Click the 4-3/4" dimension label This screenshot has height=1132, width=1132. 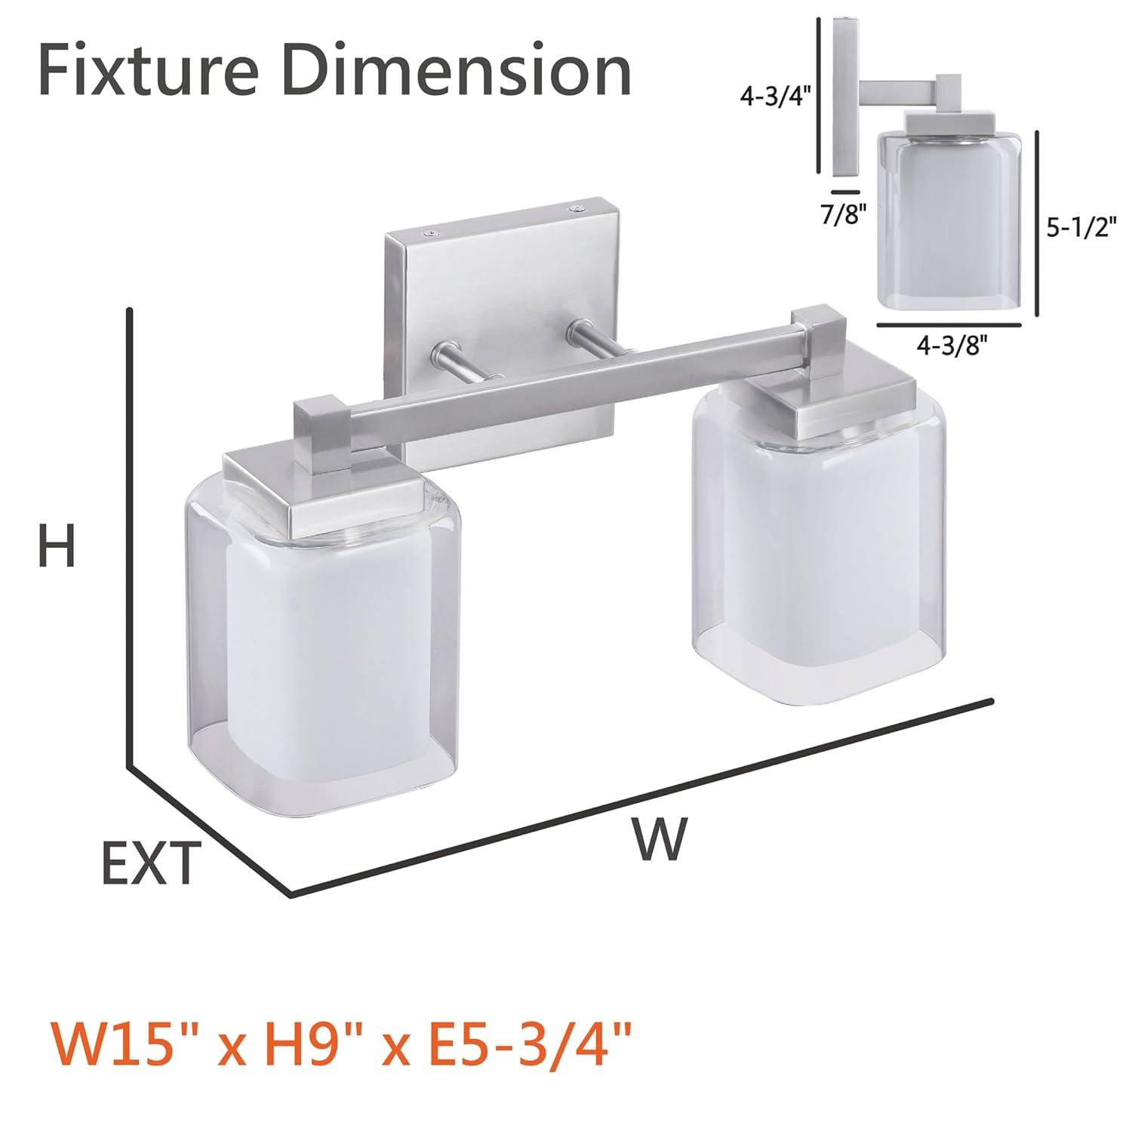pyautogui.click(x=774, y=97)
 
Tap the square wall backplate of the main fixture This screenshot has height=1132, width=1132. pyautogui.click(x=502, y=302)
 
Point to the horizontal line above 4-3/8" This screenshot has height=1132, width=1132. pyautogui.click(x=949, y=325)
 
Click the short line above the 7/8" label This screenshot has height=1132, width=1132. pyautogui.click(x=846, y=193)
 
